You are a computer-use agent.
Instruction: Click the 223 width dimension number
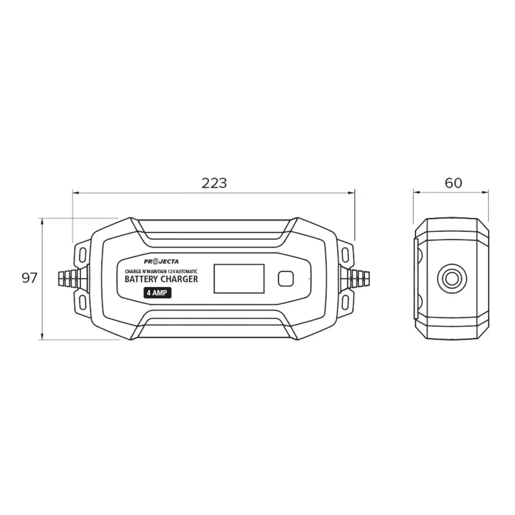[214, 183]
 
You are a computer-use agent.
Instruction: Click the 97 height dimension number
[30, 278]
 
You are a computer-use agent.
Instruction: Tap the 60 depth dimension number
[454, 183]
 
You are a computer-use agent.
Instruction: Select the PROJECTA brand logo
[161, 261]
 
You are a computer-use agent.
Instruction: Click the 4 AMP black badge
[158, 293]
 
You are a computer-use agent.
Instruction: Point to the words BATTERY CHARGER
[161, 279]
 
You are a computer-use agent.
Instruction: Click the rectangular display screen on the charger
[239, 279]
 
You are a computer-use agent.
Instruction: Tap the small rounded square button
[285, 279]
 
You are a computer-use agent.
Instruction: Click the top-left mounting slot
[83, 254]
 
